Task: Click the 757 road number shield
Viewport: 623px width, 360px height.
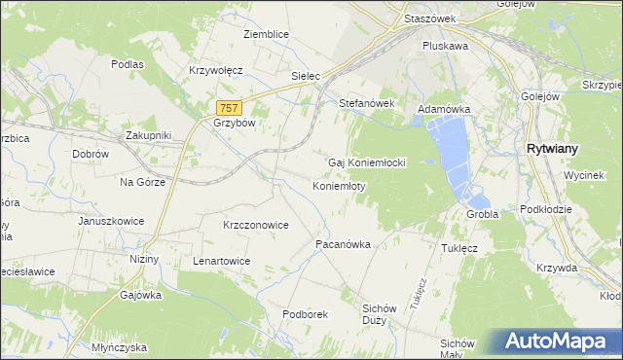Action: (229, 108)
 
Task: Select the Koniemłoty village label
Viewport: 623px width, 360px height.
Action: (339, 186)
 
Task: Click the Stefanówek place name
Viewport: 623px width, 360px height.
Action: (365, 102)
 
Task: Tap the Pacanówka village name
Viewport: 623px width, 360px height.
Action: (343, 245)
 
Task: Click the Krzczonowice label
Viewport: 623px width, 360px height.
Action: (255, 225)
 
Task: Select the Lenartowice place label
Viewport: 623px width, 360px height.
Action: (222, 262)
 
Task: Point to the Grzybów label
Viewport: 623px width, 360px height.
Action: (233, 124)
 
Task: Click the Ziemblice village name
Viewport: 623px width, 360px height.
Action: (266, 34)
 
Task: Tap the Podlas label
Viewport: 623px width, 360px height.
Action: (128, 64)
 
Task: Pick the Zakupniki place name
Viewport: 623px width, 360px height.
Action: (148, 135)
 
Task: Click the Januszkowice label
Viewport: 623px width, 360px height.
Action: (111, 221)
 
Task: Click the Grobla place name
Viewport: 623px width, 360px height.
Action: (483, 214)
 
